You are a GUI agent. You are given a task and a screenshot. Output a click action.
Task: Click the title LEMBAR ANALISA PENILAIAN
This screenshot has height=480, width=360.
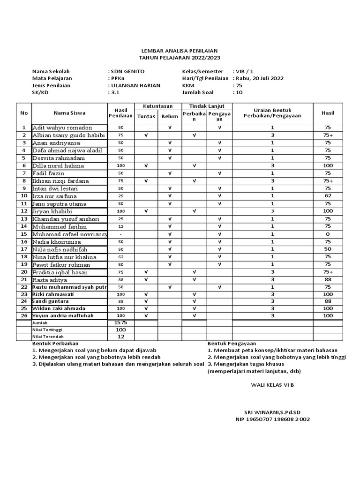tap(180, 50)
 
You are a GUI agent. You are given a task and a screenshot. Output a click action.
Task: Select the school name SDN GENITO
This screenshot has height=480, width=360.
tap(127, 71)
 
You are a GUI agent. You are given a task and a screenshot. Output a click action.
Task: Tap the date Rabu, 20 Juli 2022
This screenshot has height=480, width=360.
tap(259, 78)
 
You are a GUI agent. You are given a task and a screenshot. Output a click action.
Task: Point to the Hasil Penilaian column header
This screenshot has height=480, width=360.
tap(121, 112)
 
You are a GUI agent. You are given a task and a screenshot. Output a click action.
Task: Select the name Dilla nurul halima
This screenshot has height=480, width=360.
tap(58, 165)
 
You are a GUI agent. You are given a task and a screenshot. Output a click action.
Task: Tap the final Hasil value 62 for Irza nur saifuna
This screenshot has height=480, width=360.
tap(328, 195)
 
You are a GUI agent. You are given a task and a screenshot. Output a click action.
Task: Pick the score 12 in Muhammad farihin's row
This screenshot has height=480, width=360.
tap(121, 226)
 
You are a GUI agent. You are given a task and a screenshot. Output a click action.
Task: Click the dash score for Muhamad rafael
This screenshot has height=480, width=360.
tap(121, 233)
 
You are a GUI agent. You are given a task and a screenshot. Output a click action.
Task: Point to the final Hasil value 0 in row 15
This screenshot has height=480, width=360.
tap(328, 233)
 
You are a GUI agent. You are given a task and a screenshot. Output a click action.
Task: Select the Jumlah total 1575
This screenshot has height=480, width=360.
tap(121, 323)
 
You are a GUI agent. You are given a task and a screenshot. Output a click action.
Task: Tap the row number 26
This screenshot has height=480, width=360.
tap(23, 315)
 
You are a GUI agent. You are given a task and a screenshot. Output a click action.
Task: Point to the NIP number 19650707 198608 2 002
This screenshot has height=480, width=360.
tap(272, 419)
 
